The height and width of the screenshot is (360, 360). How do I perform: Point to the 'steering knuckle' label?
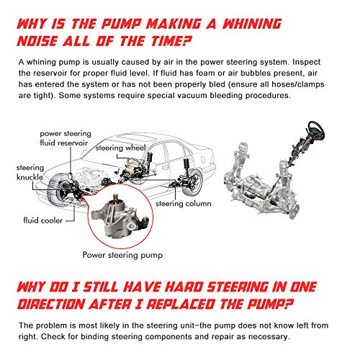click(x=30, y=172)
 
